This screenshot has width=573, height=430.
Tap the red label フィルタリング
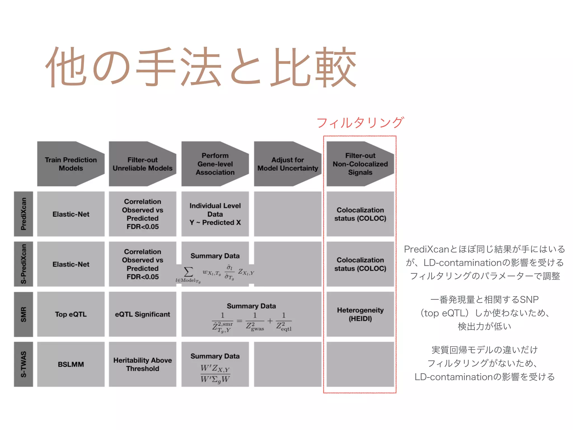point(360,123)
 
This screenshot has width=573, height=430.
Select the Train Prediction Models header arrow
point(71,164)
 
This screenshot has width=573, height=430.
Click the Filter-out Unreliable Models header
point(142,164)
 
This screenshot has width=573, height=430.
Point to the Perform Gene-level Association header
point(215,164)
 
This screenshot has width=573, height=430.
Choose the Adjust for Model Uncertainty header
point(288,164)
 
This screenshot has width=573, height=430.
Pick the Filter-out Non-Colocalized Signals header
point(360,164)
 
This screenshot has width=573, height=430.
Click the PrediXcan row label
point(24,214)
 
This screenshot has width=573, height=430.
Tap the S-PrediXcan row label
point(24,264)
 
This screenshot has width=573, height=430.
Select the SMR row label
point(24,314)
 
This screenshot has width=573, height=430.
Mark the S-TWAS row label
point(24,364)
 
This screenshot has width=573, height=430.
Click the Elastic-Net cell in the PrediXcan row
point(71,214)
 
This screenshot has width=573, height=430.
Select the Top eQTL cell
point(71,314)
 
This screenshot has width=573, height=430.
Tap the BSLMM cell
point(71,364)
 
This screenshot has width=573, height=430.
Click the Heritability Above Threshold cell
point(142,364)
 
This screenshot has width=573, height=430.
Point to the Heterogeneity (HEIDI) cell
point(360,314)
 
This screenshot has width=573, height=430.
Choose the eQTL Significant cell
point(142,314)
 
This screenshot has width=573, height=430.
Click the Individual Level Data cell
point(215,214)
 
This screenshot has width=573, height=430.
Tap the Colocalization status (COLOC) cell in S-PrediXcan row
point(360,264)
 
